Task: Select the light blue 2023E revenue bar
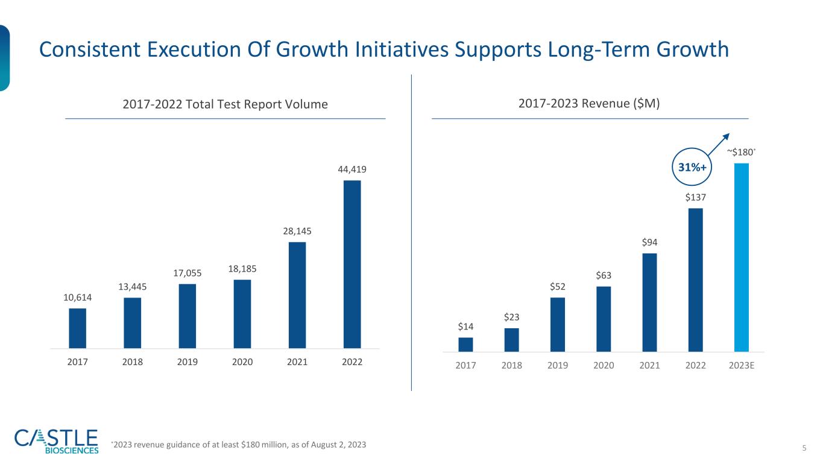(x=741, y=258)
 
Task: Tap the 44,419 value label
(x=352, y=170)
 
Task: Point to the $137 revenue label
(x=695, y=197)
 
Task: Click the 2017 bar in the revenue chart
(x=465, y=345)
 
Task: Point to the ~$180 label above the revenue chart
(x=741, y=151)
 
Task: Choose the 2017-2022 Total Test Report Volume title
(x=225, y=104)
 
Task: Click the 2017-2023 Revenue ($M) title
(x=589, y=104)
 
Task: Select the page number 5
(x=804, y=447)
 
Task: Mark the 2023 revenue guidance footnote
(x=239, y=445)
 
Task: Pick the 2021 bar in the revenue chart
(x=649, y=302)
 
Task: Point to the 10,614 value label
(x=77, y=297)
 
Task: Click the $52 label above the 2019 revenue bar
(x=558, y=287)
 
